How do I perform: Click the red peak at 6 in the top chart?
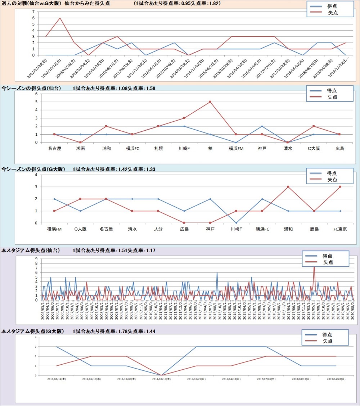point(60,18)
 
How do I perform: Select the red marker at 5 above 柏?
point(210,102)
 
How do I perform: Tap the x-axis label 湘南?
point(80,148)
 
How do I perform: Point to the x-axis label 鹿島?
point(314,229)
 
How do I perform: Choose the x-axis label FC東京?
point(340,229)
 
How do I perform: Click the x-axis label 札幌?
point(158,148)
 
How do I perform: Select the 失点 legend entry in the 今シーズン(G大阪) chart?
point(332,180)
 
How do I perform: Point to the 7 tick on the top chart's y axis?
point(33,12)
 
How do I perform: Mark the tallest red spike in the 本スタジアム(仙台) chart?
point(314,267)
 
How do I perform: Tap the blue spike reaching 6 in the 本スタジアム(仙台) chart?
point(217,273)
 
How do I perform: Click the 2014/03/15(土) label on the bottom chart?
point(161,379)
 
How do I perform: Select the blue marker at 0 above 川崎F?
point(236,223)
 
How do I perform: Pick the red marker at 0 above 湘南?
point(80,143)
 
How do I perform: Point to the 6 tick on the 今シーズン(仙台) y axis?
point(36,94)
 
